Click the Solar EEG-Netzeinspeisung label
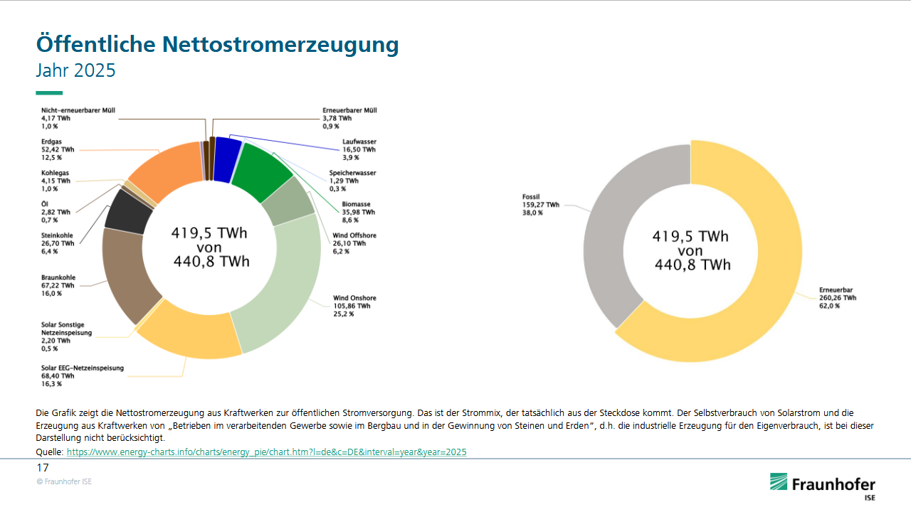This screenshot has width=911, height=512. pyautogui.click(x=83, y=368)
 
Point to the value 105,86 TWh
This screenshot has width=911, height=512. pyautogui.click(x=352, y=306)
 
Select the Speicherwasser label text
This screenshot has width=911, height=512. pyautogui.click(x=352, y=173)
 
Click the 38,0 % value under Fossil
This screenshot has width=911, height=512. pyautogui.click(x=532, y=213)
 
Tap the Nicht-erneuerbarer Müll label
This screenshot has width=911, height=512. pyautogui.click(x=78, y=110)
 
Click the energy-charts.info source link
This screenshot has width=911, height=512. pyautogui.click(x=267, y=452)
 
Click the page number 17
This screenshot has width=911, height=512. pyautogui.click(x=43, y=468)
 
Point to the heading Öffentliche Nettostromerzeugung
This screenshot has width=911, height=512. pyautogui.click(x=217, y=44)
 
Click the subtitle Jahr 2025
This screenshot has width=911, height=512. pyautogui.click(x=75, y=71)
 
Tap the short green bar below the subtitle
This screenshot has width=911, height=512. pyautogui.click(x=49, y=92)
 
